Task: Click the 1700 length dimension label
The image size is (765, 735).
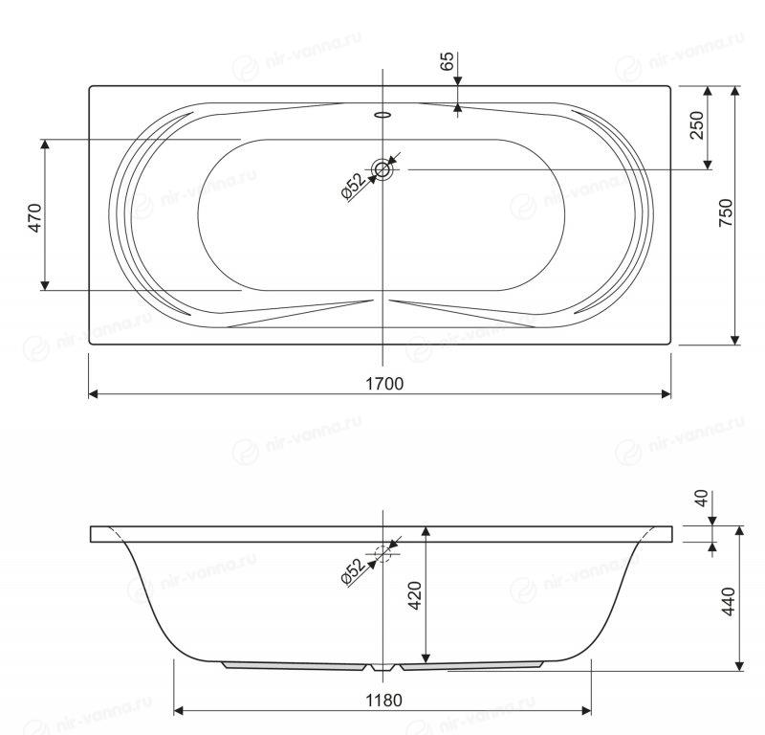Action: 384,384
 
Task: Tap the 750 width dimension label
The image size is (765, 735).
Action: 726,212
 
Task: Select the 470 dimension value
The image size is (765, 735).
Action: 34,217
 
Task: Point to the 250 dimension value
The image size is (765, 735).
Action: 697,125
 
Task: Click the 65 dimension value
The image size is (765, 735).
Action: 447,61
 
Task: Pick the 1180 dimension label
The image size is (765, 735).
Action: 384,701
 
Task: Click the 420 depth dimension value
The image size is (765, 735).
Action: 415,595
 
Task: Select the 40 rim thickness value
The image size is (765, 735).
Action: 701,499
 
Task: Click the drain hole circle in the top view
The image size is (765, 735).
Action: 382,170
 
